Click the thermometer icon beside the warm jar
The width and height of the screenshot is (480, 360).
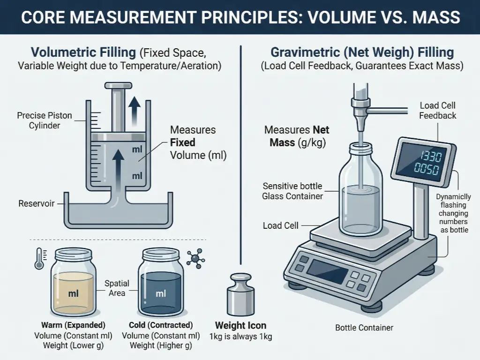pos(39,258)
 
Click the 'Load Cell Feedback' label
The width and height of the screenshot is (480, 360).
pos(437,111)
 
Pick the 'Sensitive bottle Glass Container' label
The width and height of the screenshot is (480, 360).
pos(292,191)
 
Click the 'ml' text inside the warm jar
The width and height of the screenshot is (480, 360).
pos(74,294)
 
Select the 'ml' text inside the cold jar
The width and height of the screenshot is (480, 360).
pos(161,294)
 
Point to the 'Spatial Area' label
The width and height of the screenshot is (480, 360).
pos(117,288)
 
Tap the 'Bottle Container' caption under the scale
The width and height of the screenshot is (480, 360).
pos(364,328)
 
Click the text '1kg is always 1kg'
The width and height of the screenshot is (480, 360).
pos(240,336)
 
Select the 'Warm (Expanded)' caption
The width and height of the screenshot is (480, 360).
pos(73,325)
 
